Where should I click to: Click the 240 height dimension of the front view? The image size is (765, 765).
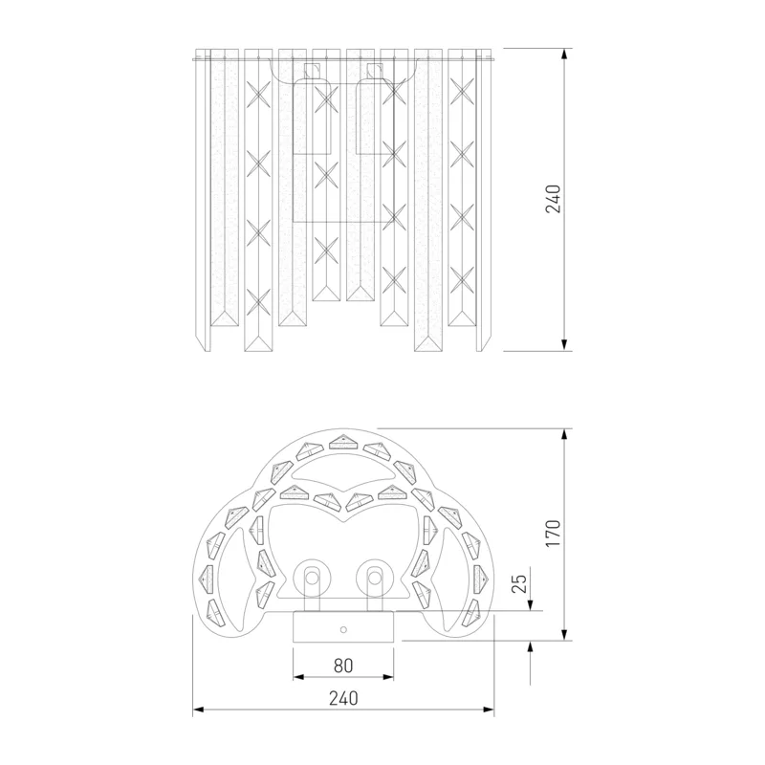pos(554,199)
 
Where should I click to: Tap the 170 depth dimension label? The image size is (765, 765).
pos(554,534)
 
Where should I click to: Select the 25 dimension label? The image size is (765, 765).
pos(519,583)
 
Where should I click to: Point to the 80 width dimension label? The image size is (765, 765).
pos(343,666)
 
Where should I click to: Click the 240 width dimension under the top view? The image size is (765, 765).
pos(343,698)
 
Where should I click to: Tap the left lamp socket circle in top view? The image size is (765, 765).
pos(312,578)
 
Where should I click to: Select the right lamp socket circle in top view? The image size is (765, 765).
pos(374,578)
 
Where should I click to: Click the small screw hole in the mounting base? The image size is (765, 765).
pos(343,630)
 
